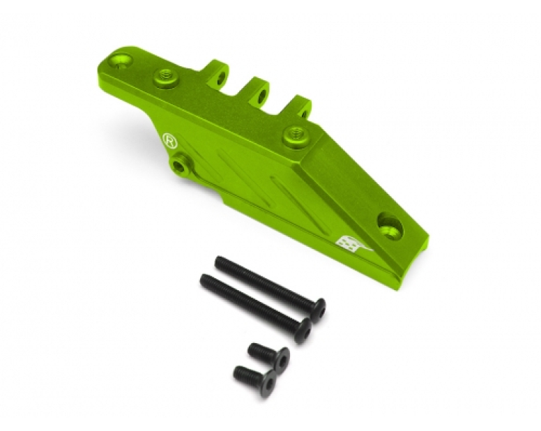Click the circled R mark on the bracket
tap(169, 140)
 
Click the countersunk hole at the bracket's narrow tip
tap(390, 226)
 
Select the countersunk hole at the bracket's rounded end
tap(120, 61)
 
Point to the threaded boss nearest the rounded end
tap(166, 78)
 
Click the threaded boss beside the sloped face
tap(296, 136)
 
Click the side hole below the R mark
tap(180, 165)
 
